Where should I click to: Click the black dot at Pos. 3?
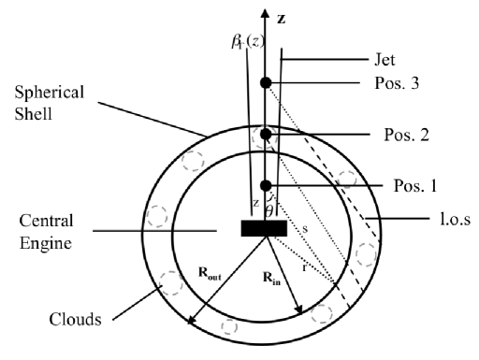tap(266, 83)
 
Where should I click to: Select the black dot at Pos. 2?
tap(266, 135)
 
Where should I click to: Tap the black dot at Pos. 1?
tap(266, 184)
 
